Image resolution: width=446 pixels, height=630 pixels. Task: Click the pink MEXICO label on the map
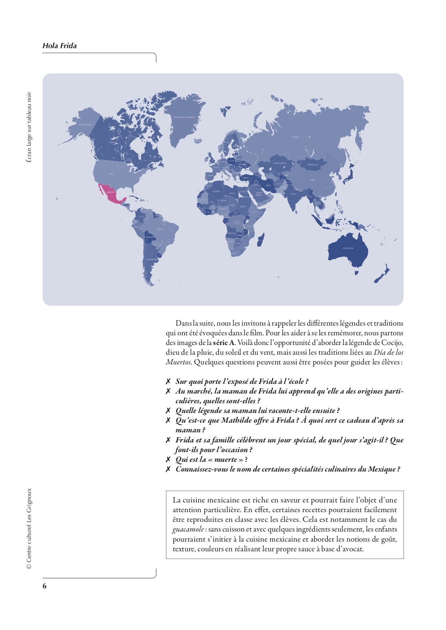[x=110, y=192]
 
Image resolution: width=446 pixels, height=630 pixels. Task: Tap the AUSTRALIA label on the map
[x=348, y=248]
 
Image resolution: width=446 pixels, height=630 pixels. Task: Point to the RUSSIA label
[x=295, y=137]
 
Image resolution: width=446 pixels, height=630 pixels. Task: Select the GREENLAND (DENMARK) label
[x=185, y=117]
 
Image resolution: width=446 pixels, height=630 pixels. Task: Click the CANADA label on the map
[x=113, y=142]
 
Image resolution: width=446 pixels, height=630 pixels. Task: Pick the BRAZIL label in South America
[x=160, y=229]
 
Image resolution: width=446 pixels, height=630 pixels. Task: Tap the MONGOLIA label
[x=312, y=165]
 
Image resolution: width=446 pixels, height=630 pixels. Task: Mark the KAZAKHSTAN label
[x=279, y=163]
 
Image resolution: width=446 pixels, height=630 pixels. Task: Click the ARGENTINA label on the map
[x=152, y=259]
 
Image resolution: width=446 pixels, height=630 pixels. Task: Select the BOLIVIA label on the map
[x=150, y=237]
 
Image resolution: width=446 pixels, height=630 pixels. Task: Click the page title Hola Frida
[x=60, y=46]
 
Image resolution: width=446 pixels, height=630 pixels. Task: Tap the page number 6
[x=45, y=586]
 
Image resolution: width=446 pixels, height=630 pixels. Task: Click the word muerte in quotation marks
[x=226, y=459]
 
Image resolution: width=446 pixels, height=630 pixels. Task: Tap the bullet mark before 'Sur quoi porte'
[x=168, y=381]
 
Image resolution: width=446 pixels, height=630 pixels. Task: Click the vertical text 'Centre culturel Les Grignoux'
[x=29, y=528]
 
